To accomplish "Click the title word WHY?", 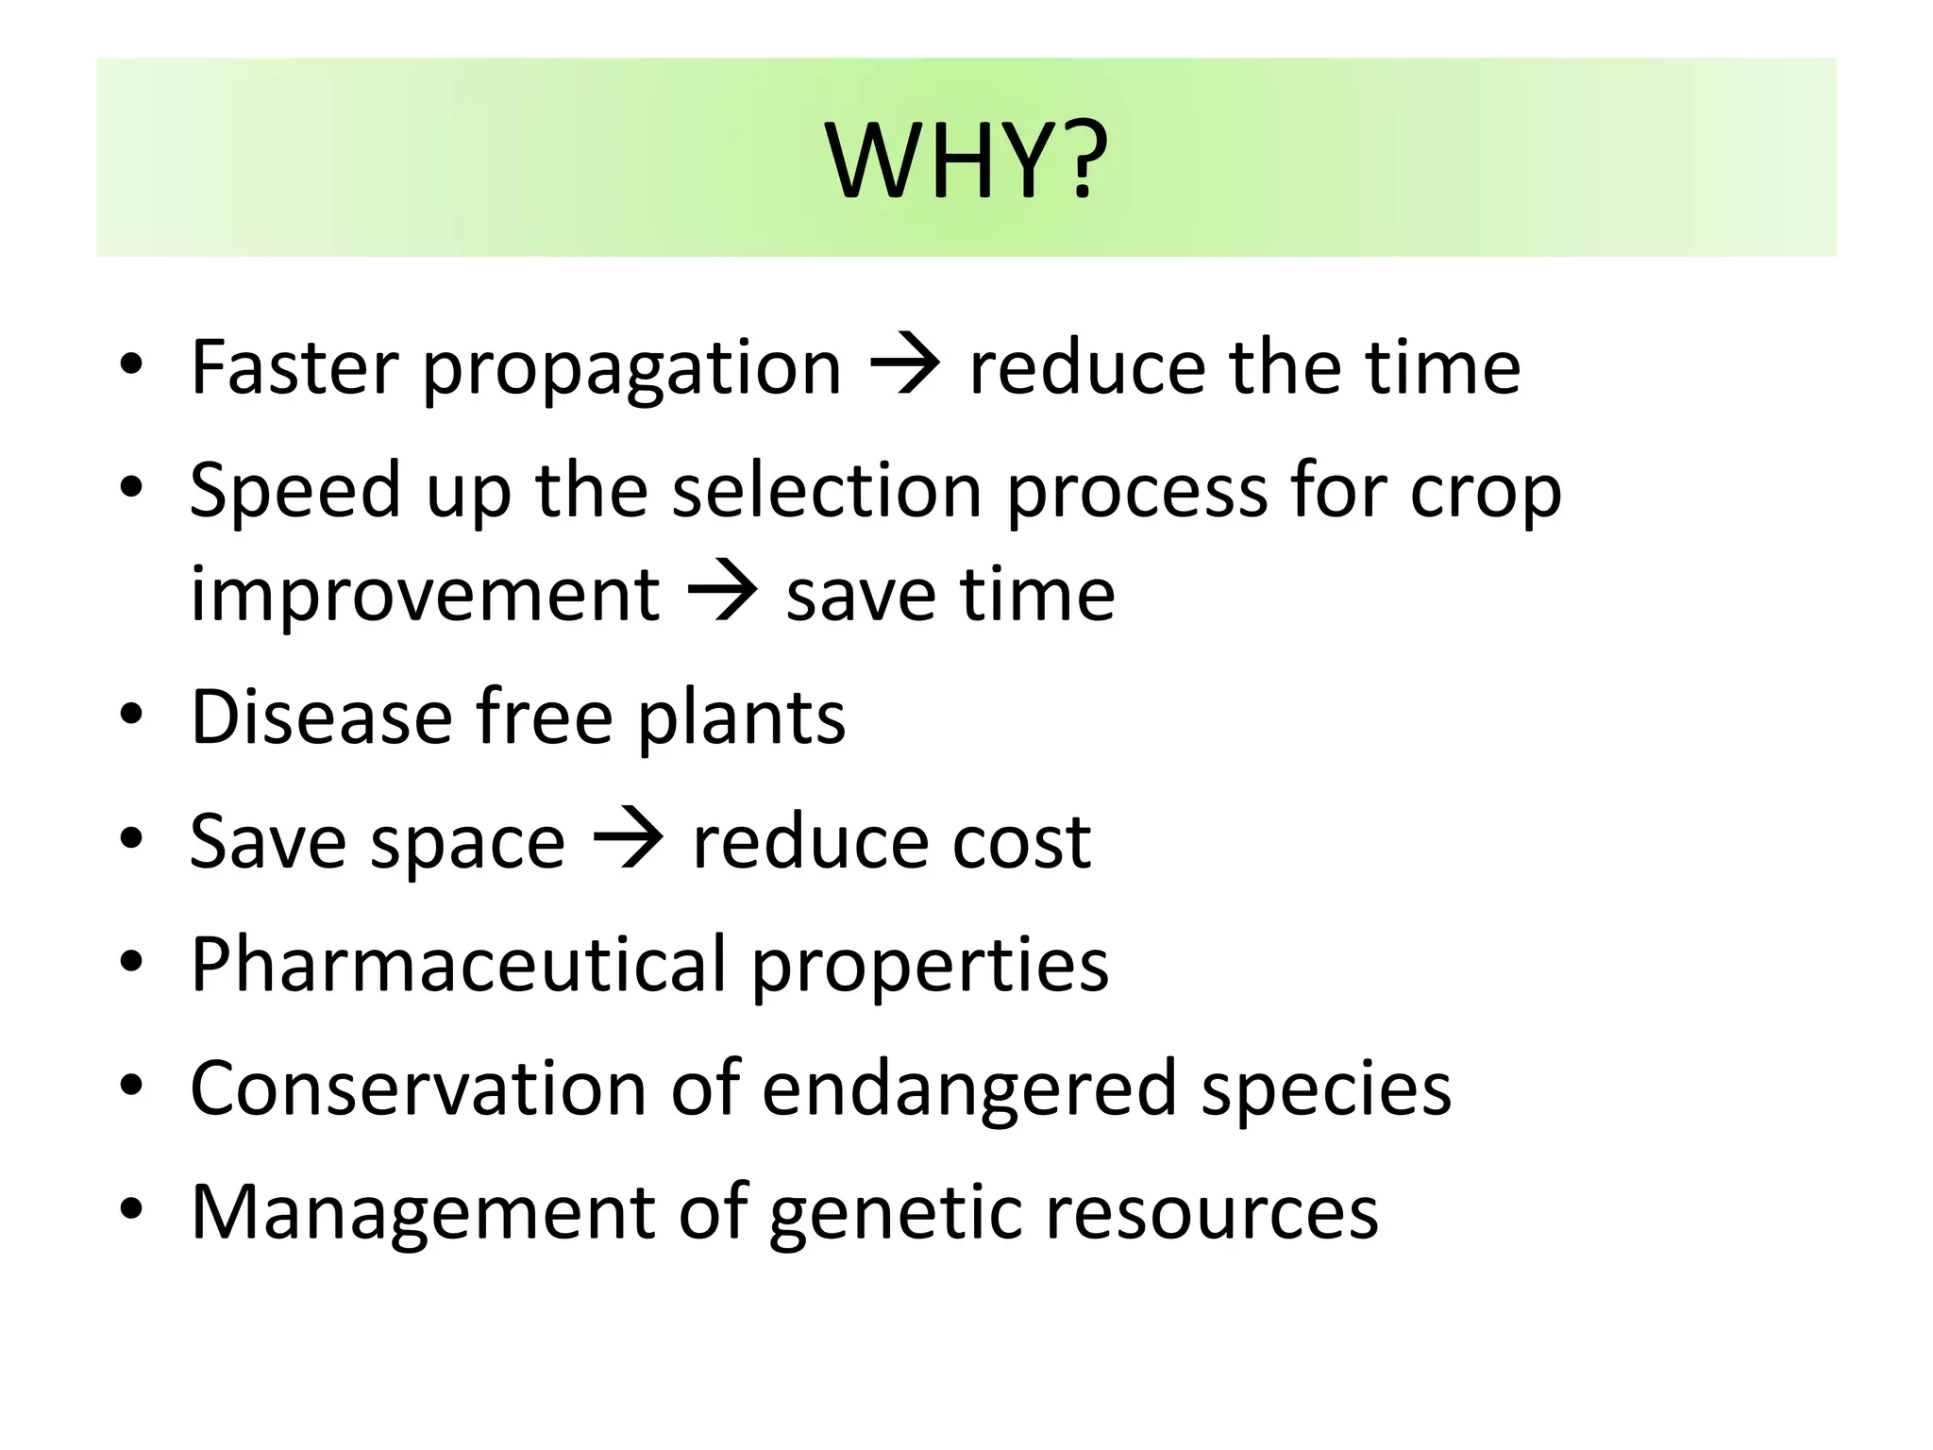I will click(966, 160).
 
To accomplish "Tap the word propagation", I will click(630, 370).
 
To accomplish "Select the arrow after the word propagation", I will click(904, 366).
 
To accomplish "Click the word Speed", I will click(294, 491).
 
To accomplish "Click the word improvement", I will click(424, 597).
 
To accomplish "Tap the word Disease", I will click(321, 717).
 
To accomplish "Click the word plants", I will click(741, 719).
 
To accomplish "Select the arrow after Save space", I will click(628, 840).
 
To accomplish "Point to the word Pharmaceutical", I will click(458, 965).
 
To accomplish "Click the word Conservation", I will click(418, 1088).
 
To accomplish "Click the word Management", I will click(422, 1213).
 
